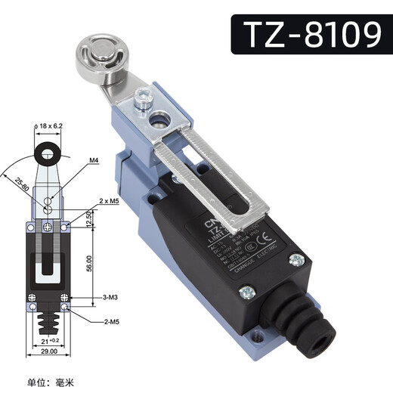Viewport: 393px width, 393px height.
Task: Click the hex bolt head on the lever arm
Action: [x=141, y=97]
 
